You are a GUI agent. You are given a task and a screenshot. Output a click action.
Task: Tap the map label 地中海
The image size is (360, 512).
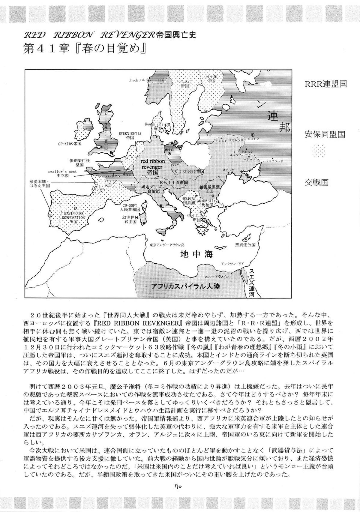196,255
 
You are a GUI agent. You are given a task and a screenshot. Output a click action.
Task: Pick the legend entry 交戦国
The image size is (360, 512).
316,182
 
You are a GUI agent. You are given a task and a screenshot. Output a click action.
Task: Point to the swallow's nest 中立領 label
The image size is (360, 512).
62,173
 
